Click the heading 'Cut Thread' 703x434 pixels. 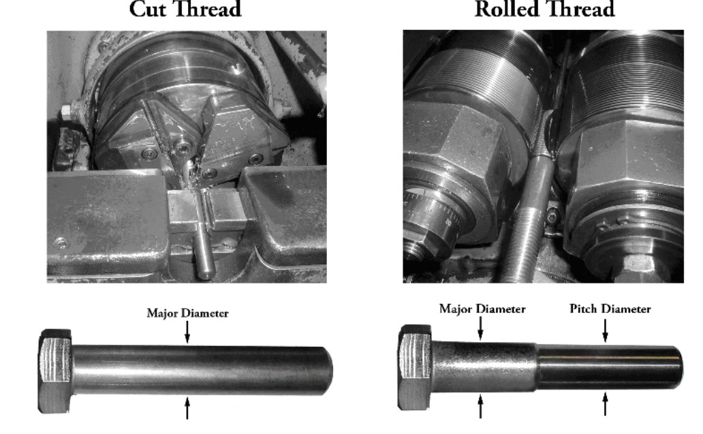click(x=185, y=9)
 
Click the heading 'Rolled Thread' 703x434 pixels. click(x=544, y=9)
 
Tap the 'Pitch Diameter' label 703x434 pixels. click(x=610, y=309)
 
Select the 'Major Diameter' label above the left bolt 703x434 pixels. click(x=187, y=313)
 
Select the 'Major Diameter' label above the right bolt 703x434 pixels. click(x=482, y=309)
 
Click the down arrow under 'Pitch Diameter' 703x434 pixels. click(x=606, y=330)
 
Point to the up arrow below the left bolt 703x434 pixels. click(x=187, y=408)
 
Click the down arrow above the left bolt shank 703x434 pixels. click(x=187, y=332)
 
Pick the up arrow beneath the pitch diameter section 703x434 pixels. click(x=606, y=404)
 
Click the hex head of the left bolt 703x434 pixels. click(x=55, y=371)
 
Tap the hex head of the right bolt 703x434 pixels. click(x=415, y=367)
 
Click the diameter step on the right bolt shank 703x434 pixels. click(x=537, y=367)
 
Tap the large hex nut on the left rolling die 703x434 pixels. click(x=456, y=148)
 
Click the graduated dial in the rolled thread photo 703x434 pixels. click(x=433, y=211)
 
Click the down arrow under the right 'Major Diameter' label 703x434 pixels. click(x=481, y=328)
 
